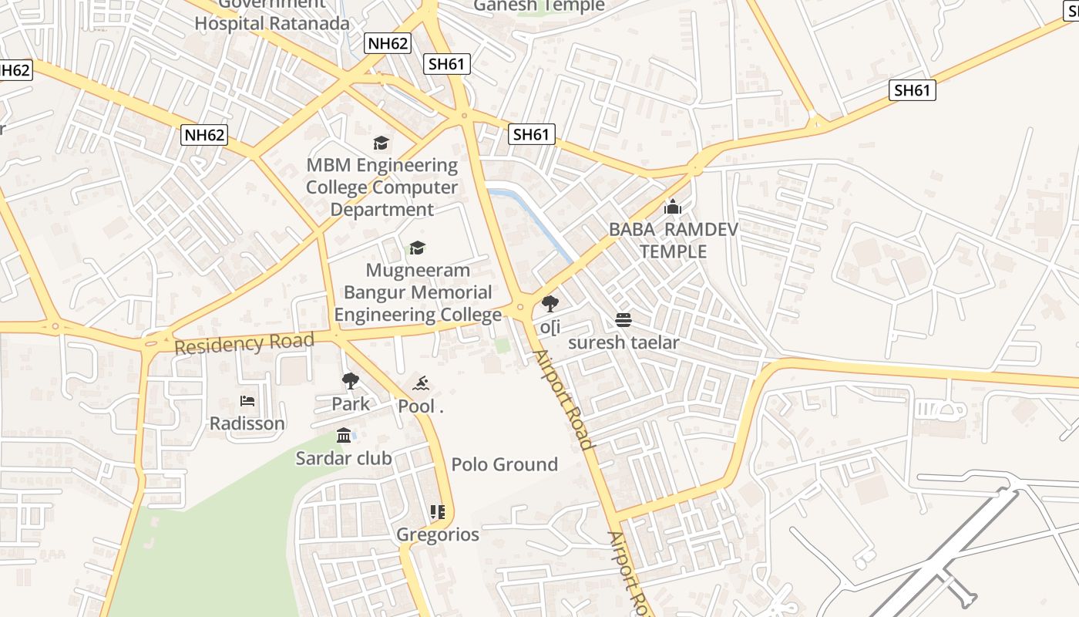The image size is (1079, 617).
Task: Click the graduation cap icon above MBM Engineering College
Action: coord(381,143)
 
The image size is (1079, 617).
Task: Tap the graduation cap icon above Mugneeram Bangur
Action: coord(417,248)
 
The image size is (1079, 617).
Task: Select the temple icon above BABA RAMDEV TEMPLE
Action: coord(673,207)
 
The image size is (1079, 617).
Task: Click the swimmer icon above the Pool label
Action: coord(421,383)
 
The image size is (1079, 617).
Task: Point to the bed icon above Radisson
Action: coord(247,401)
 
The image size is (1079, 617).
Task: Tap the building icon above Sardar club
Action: coord(344,436)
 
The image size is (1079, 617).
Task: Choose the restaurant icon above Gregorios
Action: coord(438,511)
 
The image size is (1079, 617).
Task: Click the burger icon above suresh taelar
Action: coord(624,320)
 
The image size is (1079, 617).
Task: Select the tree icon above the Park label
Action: coord(351,380)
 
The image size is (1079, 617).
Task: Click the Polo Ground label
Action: coord(504,464)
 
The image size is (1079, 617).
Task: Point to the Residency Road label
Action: coord(244,343)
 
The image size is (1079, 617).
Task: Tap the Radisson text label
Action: coord(247,423)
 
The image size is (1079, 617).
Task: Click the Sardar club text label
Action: coord(344,458)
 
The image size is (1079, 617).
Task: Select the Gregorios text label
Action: coord(438,534)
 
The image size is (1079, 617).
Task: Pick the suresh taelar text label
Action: coord(624,342)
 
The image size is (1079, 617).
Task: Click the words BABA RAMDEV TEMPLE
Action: coord(673,240)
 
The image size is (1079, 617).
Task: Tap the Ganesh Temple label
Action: coord(539,5)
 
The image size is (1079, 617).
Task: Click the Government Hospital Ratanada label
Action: coord(272,15)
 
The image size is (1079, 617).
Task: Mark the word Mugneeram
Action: coord(418,271)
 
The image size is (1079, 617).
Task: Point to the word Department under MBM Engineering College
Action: coord(382,210)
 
